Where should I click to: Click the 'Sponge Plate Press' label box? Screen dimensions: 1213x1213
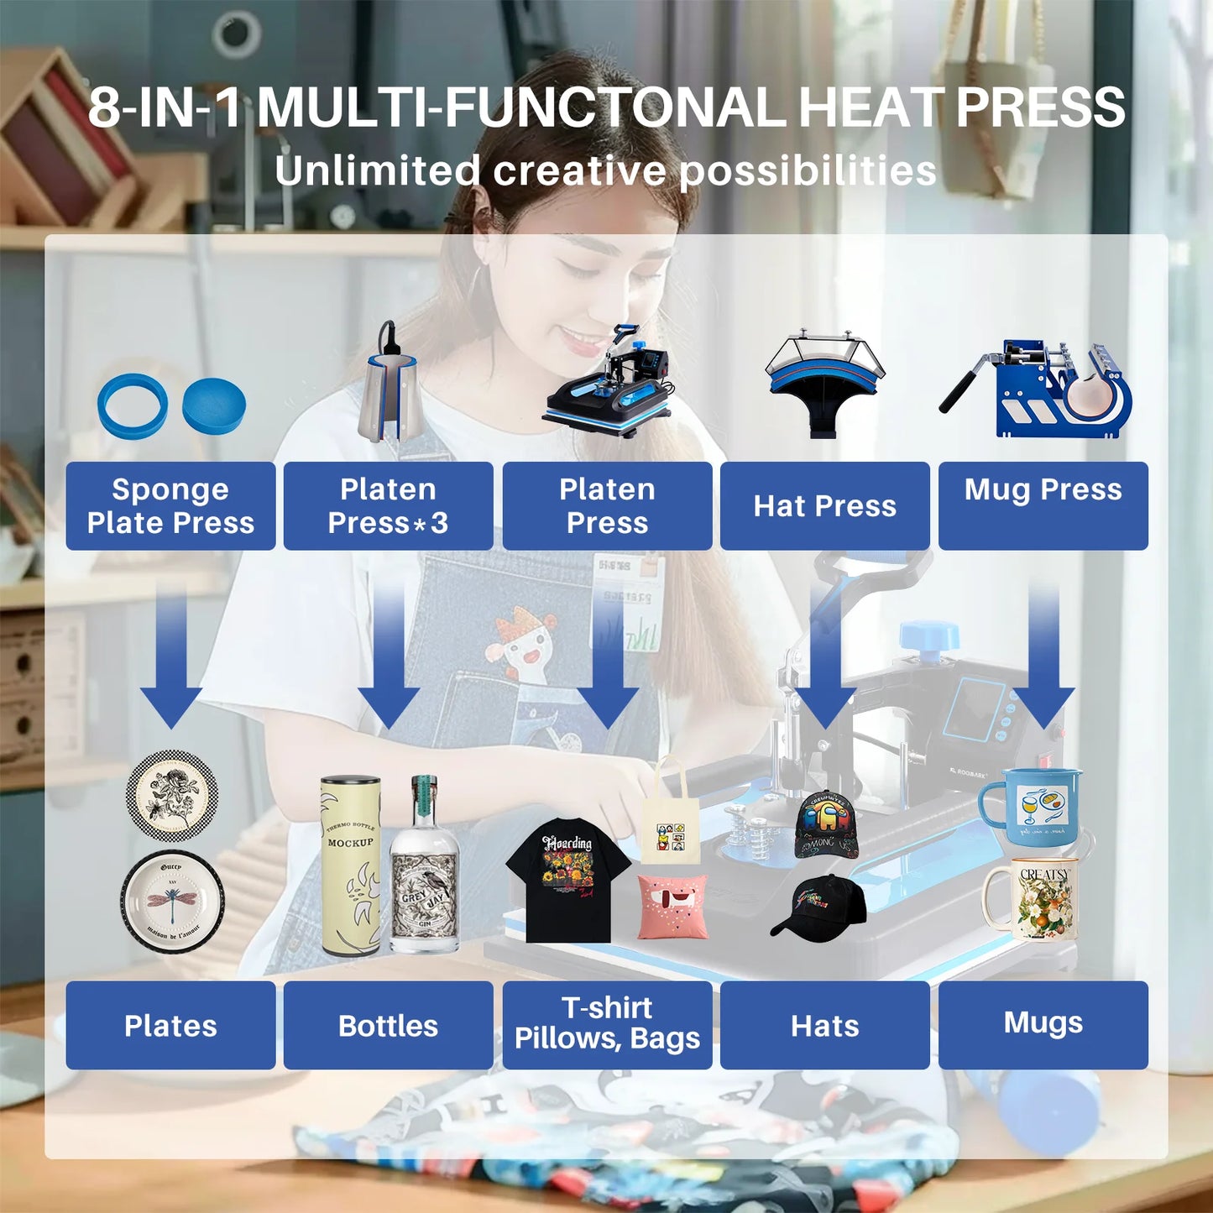click(170, 506)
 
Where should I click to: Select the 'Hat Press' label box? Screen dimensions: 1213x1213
click(824, 506)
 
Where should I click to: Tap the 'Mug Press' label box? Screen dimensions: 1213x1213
click(1043, 506)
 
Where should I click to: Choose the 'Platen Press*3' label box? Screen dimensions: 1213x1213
click(388, 506)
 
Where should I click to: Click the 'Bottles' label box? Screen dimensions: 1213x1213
click(388, 1025)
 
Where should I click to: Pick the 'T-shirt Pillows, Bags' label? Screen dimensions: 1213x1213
click(607, 1025)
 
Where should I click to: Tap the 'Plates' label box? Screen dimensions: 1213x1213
click(170, 1025)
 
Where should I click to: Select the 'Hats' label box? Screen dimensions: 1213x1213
click(824, 1025)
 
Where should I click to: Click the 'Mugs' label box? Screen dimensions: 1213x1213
click(1043, 1025)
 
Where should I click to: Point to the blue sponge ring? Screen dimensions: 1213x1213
click(132, 405)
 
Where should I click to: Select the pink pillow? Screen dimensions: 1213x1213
click(672, 906)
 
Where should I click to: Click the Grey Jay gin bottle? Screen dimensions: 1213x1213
click(425, 873)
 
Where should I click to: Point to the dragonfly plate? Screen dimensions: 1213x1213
click(172, 902)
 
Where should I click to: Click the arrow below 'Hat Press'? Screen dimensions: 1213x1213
click(824, 663)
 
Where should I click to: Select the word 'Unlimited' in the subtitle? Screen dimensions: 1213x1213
click(377, 171)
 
